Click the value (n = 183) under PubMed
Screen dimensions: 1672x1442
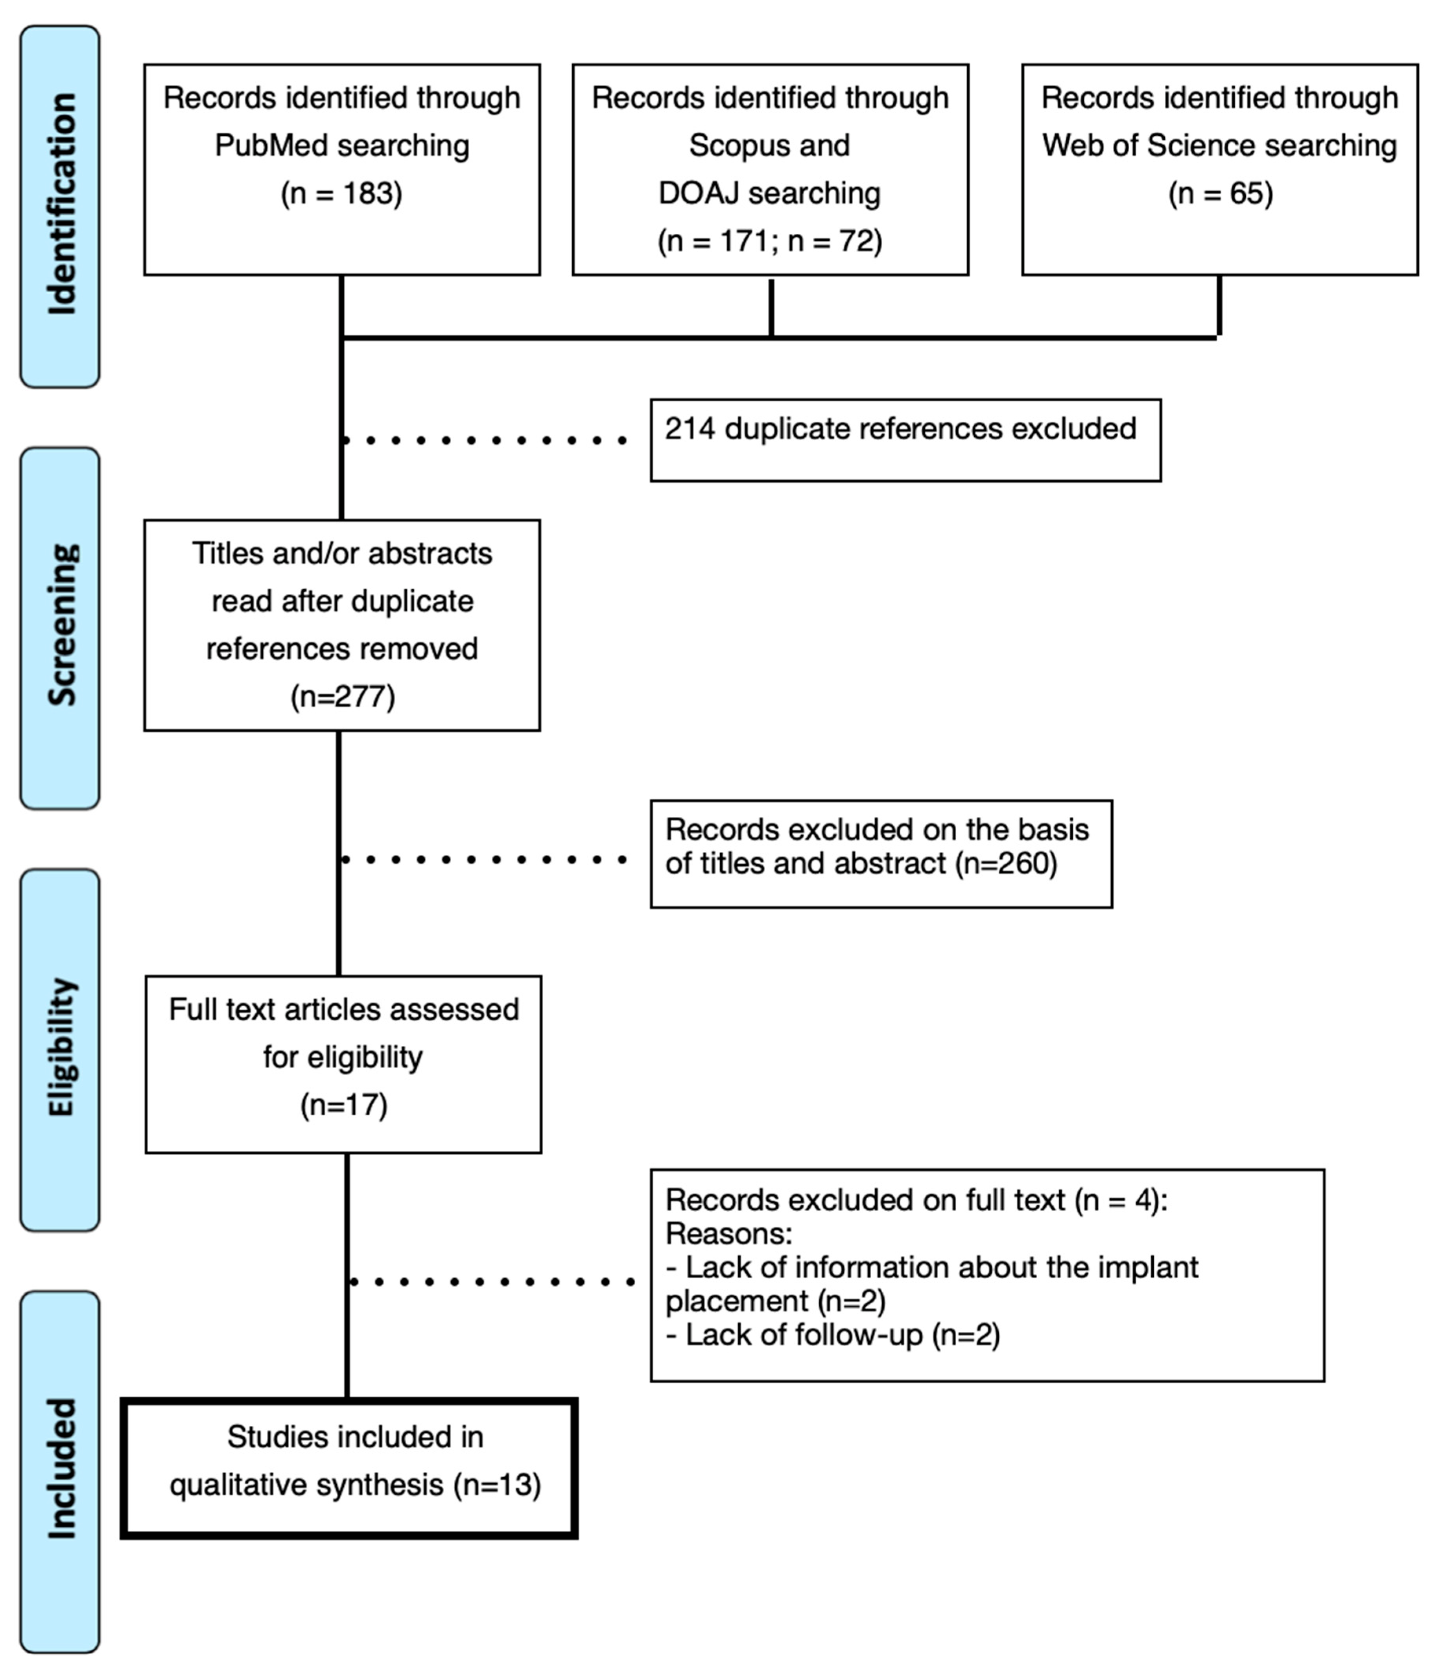click(341, 194)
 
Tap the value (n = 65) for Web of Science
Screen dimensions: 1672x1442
click(1220, 194)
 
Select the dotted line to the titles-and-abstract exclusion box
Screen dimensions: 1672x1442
click(484, 859)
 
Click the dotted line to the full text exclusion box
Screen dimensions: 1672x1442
click(492, 1281)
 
